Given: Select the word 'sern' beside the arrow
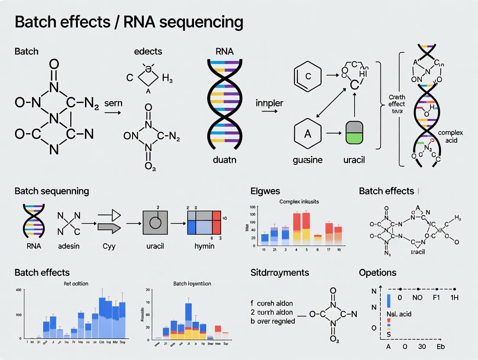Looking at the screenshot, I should (113, 103).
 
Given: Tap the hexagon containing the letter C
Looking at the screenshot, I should (308, 76).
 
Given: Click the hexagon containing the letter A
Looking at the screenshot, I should (308, 134).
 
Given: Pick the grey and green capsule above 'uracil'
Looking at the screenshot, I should (355, 133).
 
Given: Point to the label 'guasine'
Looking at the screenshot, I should (308, 160).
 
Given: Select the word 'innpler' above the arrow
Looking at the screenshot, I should (269, 103).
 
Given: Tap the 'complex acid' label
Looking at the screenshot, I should (450, 137).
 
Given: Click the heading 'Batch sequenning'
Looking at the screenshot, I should (52, 191).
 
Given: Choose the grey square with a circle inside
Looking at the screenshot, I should (155, 223).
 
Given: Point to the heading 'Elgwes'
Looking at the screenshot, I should (265, 191).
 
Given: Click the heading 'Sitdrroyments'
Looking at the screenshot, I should (280, 273).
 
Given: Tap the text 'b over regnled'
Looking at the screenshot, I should (273, 321).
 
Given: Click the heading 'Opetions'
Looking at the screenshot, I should (378, 273).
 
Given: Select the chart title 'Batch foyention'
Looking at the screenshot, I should (192, 283).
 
